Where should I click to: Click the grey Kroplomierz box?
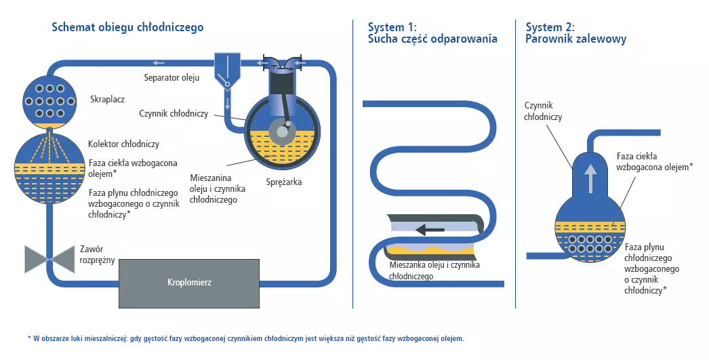pyautogui.click(x=189, y=283)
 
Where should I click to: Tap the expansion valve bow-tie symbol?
pyautogui.click(x=49, y=260)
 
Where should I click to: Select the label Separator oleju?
pyautogui.click(x=171, y=77)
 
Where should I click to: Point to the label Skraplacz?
pyautogui.click(x=107, y=100)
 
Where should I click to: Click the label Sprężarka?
pyautogui.click(x=283, y=182)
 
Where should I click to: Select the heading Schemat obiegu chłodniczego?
pyautogui.click(x=127, y=27)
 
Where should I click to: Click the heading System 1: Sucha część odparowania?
pyautogui.click(x=432, y=33)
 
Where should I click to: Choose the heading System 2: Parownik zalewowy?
pyautogui.click(x=575, y=33)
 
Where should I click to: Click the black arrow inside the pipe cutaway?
pyautogui.click(x=430, y=229)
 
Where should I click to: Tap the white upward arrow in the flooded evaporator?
pyautogui.click(x=590, y=178)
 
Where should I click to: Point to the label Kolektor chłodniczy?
pyautogui.click(x=123, y=144)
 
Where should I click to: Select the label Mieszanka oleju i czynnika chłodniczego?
pyautogui.click(x=434, y=271)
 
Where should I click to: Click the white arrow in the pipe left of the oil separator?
pyautogui.click(x=159, y=62)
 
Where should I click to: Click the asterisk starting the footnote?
pyautogui.click(x=29, y=338)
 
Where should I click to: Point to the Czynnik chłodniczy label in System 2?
pyautogui.click(x=543, y=111)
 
